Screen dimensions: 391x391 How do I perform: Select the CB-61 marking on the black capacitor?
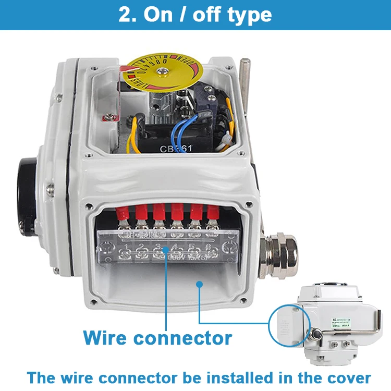175,149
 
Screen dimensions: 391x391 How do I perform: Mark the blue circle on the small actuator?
290,326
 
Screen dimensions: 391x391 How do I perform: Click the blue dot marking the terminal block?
166,250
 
